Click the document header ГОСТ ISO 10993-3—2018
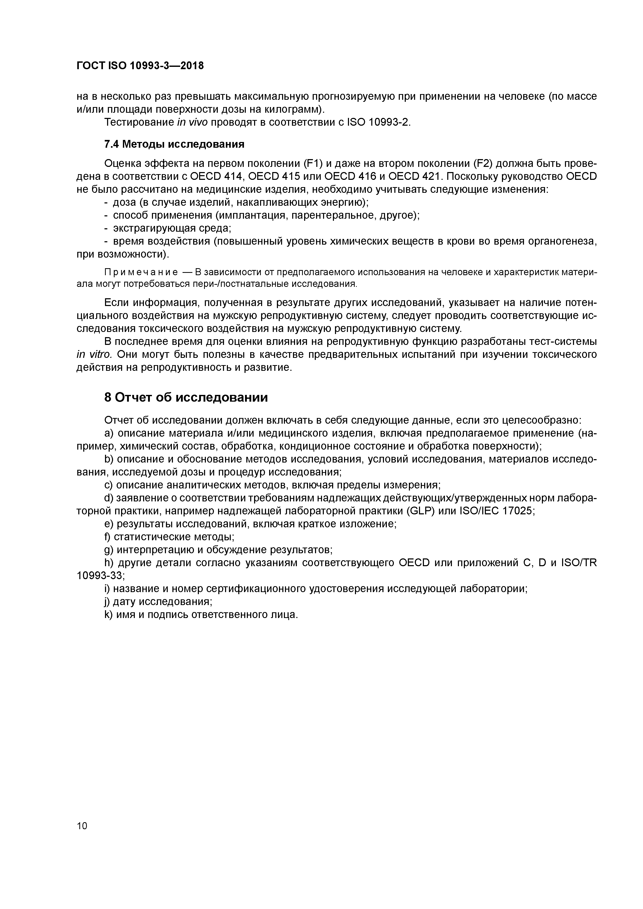pyautogui.click(x=140, y=66)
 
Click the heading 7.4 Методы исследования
pyautogui.click(x=174, y=145)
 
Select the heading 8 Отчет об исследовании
pyautogui.click(x=186, y=397)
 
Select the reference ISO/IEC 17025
pyautogui.click(x=496, y=511)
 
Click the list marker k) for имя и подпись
pyautogui.click(x=108, y=615)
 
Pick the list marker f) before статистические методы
pyautogui.click(x=108, y=537)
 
